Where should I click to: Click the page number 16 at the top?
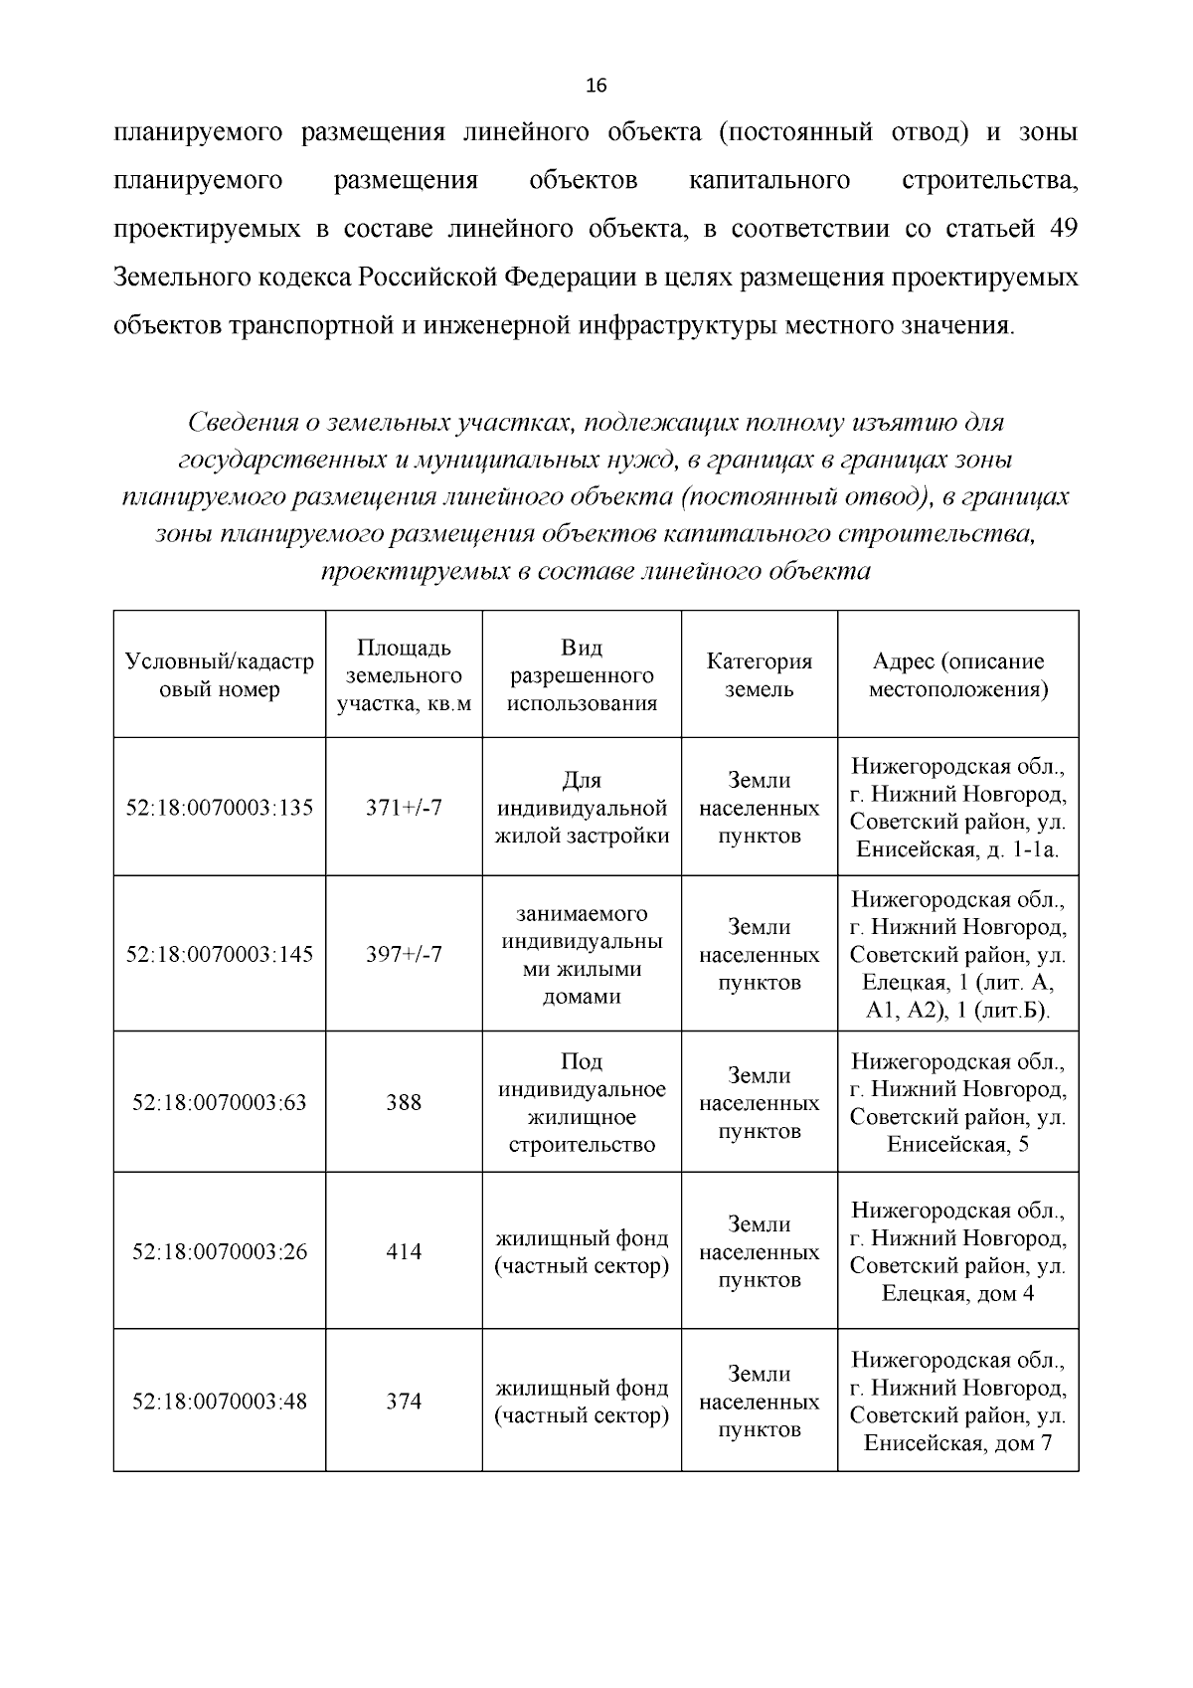click(596, 86)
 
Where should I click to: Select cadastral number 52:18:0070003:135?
click(220, 808)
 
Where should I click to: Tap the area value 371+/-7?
click(404, 808)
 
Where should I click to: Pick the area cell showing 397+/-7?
click(404, 955)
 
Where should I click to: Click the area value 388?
click(404, 1103)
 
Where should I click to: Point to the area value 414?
click(404, 1252)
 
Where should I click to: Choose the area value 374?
click(404, 1402)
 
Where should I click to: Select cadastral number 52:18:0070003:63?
click(220, 1103)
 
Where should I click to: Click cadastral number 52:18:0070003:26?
click(220, 1252)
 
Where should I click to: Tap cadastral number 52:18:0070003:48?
click(220, 1402)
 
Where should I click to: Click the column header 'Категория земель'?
click(760, 675)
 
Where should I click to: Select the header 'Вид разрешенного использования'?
click(582, 675)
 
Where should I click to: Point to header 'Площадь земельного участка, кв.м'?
click(404, 675)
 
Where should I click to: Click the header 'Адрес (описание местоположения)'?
click(958, 675)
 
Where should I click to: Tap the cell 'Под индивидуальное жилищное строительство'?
click(582, 1103)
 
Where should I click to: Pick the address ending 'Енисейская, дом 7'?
click(958, 1402)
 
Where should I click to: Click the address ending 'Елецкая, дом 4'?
click(958, 1252)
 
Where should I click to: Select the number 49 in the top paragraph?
click(1063, 229)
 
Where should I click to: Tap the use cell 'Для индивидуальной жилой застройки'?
click(582, 808)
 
